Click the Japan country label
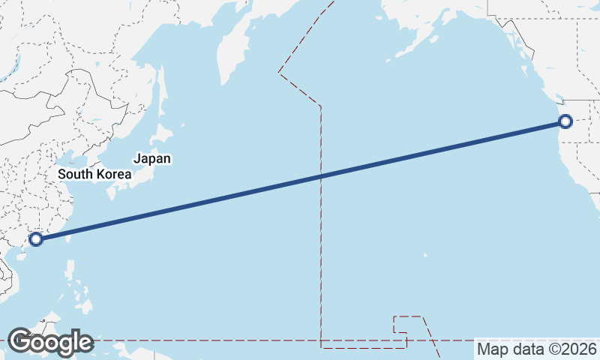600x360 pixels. point(152,158)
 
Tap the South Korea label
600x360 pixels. point(94,174)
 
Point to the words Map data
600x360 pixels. point(507,349)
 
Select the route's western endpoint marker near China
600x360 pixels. point(35,239)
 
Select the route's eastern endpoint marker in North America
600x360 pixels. point(565,121)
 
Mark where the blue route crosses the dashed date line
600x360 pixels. point(321,176)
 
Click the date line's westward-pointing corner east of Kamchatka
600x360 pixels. point(279,72)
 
